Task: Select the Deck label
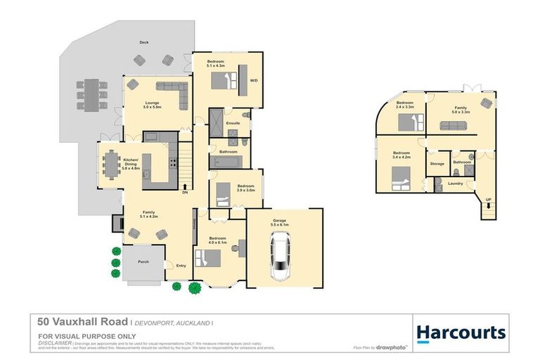144,43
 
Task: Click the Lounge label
152,103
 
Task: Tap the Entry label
181,265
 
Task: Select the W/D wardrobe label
254,80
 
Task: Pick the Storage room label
437,164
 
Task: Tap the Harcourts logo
461,332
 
